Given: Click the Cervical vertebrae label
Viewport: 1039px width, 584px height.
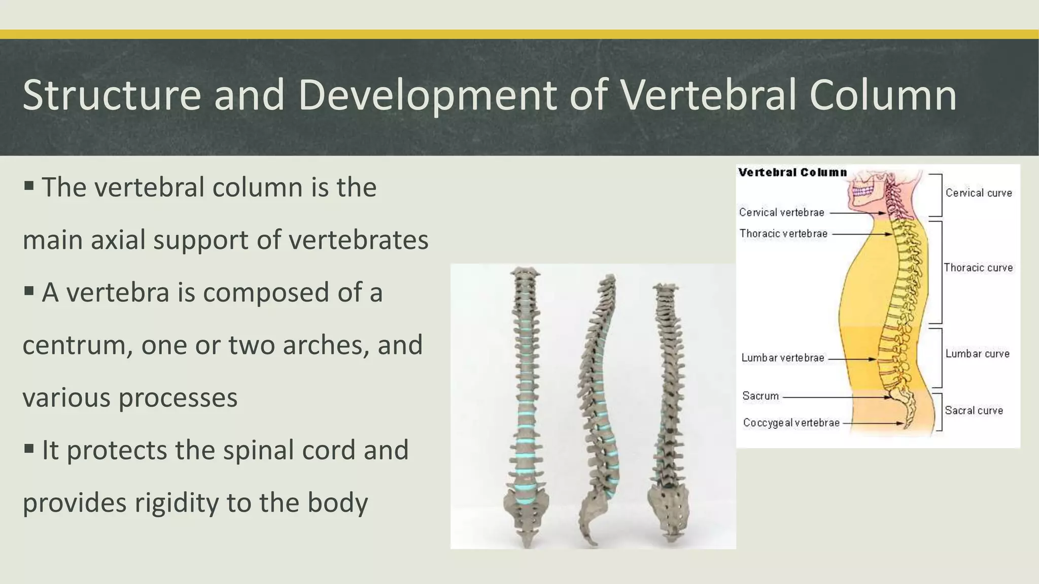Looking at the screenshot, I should tap(781, 212).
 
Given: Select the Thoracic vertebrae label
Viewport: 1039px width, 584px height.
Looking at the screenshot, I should tap(783, 234).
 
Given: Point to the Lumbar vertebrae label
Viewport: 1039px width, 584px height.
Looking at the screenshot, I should tap(782, 358).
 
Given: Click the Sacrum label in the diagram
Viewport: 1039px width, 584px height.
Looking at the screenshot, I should tap(760, 396).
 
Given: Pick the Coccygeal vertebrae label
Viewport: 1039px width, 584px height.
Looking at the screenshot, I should tap(791, 423).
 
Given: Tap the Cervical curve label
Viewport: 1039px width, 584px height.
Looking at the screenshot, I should tap(978, 193).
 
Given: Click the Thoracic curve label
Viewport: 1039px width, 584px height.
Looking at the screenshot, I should tap(978, 268).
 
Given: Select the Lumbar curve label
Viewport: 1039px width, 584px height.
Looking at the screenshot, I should tap(977, 354).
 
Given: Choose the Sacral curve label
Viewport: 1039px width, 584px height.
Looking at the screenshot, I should tap(974, 411).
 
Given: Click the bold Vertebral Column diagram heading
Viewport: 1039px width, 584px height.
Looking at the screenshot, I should tap(792, 172).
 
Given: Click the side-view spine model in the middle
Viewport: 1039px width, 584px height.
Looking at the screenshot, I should tap(598, 406).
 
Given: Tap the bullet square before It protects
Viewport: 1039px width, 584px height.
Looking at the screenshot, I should tap(29, 448).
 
